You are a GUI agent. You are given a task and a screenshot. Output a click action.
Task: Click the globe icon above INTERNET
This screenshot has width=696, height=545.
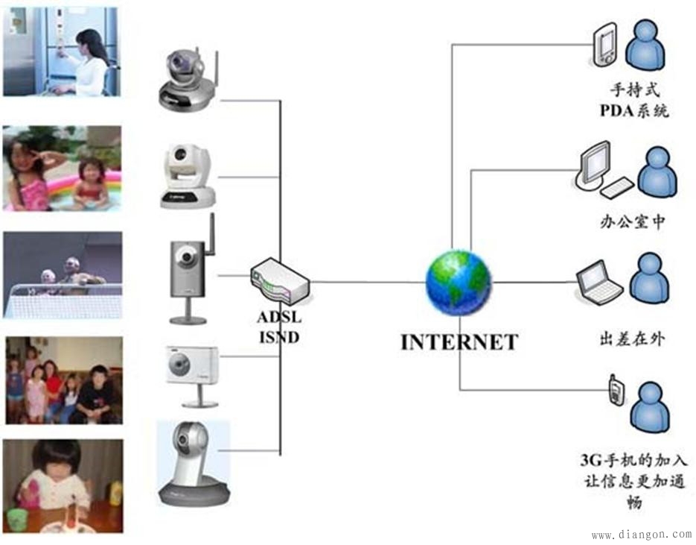(458, 283)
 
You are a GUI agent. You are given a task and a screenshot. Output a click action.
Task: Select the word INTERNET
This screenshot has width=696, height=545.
(459, 342)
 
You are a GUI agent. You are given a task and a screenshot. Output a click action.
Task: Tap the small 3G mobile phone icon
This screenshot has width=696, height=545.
(615, 391)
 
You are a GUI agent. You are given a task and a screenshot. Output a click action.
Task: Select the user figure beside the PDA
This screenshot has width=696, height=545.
(645, 46)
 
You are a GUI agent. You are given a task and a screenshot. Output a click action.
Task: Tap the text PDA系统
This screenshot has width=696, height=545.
(635, 111)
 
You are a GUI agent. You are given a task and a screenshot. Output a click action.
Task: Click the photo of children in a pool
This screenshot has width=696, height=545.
(62, 168)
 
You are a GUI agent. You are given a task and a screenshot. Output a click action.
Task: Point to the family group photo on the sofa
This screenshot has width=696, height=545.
(63, 380)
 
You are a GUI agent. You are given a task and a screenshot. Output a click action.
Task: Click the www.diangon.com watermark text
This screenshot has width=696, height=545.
(642, 535)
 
